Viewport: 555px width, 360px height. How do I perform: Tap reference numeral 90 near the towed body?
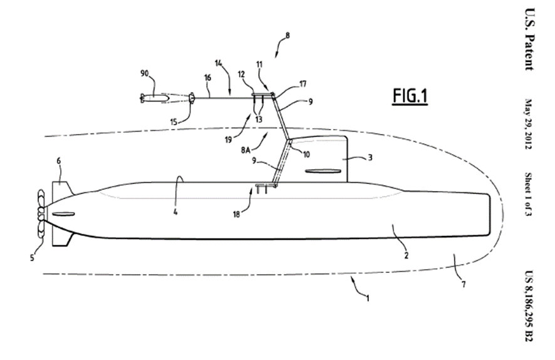(145, 73)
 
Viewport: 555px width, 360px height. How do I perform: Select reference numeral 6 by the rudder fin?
(59, 162)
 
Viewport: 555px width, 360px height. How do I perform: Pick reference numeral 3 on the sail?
(370, 158)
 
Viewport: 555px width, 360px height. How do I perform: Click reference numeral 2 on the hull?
(406, 254)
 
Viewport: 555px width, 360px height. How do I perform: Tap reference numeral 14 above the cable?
(219, 63)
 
